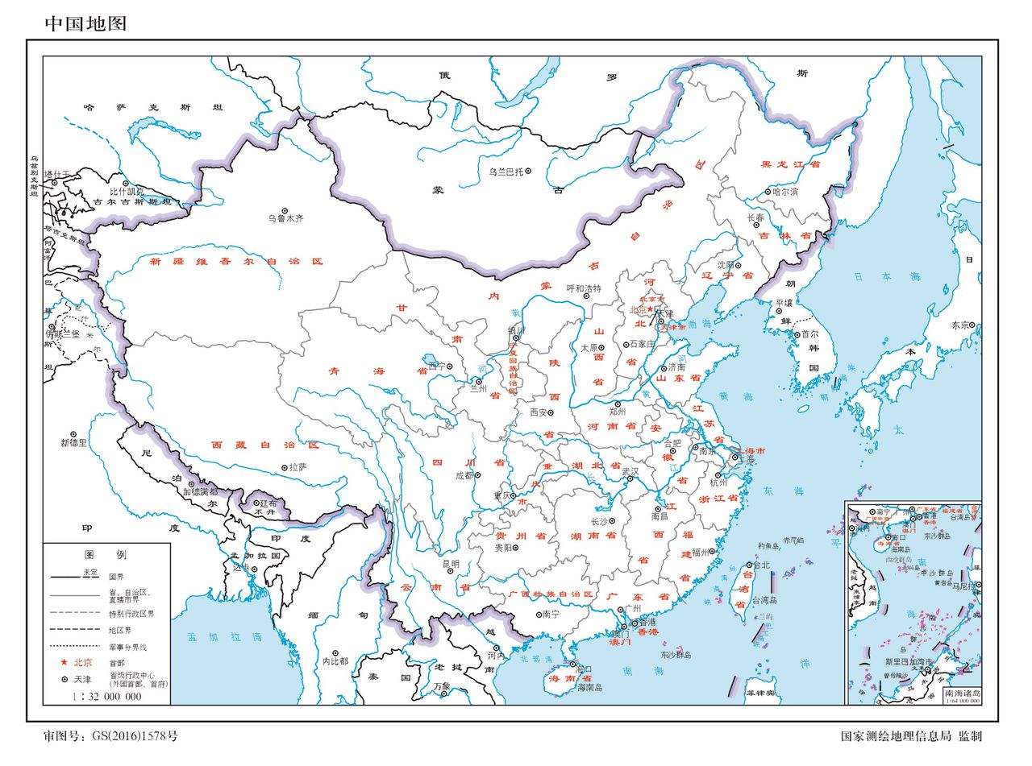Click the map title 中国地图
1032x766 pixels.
[x=85, y=23]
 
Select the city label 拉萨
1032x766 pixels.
[x=298, y=467]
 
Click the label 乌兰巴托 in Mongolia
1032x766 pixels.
[x=506, y=172]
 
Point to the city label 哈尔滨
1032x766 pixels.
[x=784, y=193]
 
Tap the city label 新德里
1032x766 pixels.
[x=73, y=442]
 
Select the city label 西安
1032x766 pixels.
[x=543, y=412]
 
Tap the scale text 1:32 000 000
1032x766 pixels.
[x=106, y=696]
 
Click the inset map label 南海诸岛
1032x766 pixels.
[x=963, y=693]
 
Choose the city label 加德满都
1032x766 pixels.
[x=200, y=491]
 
